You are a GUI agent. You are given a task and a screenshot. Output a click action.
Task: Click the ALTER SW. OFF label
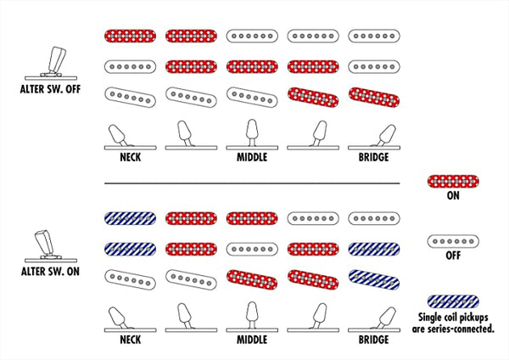[50, 89]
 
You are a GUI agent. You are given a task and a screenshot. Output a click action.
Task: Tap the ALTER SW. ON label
[50, 272]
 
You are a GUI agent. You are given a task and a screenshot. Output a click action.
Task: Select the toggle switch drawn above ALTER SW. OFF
[51, 64]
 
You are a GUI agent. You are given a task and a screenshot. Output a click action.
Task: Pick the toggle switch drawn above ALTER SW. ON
[51, 246]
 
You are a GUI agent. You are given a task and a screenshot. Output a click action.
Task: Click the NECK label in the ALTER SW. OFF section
[131, 157]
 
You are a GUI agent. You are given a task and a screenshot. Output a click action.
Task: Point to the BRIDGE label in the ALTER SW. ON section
[373, 340]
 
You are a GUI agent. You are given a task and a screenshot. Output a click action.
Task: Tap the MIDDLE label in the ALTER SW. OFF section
[252, 157]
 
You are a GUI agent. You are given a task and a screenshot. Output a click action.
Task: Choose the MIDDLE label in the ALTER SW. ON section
[252, 340]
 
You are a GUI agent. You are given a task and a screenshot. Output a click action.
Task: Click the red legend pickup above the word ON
[453, 182]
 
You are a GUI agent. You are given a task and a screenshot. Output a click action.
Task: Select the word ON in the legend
[453, 195]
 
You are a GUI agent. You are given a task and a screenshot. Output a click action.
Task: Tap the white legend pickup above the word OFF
[453, 241]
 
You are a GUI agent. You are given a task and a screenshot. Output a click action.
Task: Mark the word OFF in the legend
[453, 256]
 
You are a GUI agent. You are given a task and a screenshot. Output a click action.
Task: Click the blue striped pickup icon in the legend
[453, 301]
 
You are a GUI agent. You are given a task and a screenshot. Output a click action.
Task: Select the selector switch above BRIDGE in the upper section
[374, 137]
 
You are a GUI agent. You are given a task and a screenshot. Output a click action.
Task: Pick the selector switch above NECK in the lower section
[130, 319]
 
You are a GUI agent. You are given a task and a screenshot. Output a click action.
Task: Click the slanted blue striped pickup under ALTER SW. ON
[374, 279]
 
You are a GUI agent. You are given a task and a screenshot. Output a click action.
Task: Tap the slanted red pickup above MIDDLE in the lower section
[252, 279]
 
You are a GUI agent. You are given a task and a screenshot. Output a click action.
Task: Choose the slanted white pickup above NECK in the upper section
[130, 97]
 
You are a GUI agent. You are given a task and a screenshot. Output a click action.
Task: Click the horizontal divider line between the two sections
[252, 183]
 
